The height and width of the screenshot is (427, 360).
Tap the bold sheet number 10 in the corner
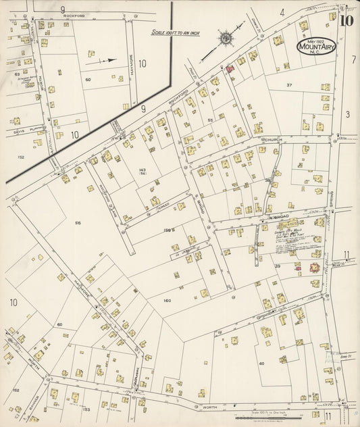coord(346,20)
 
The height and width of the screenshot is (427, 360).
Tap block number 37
coord(288,85)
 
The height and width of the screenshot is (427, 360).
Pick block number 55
coord(211,120)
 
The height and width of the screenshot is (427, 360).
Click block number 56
coord(78,222)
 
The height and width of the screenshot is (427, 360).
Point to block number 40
coord(261,363)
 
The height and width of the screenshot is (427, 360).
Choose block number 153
coord(86,409)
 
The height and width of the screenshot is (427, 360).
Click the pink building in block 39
coord(313,268)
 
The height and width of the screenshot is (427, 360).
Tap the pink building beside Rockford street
coord(230,69)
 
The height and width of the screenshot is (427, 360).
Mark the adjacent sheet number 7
coord(353,60)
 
